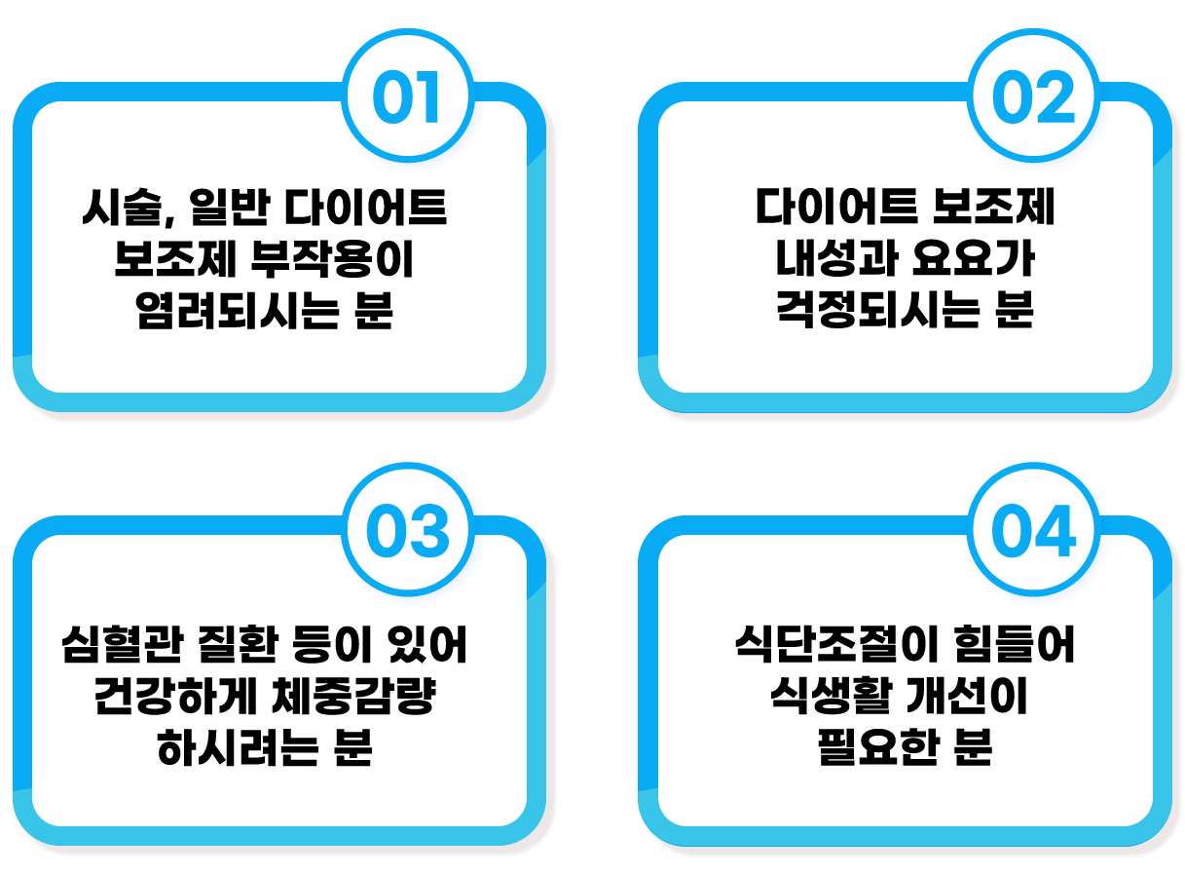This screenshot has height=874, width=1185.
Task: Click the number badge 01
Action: tap(408, 99)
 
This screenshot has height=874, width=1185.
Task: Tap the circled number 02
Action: tap(1033, 99)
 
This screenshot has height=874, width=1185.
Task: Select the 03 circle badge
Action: tap(408, 533)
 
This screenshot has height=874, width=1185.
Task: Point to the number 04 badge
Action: tap(1033, 533)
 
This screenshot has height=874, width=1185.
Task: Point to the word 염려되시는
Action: tap(230, 314)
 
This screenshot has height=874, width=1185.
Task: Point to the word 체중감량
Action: tap(360, 699)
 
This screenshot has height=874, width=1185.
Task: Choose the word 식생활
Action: tap(819, 699)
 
